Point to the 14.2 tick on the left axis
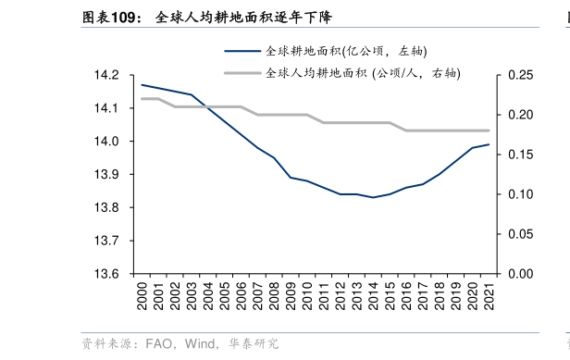coord(109,75)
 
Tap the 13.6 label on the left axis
coord(109,274)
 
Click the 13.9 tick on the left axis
coord(109,175)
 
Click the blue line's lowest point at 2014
coord(373,197)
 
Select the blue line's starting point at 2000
coord(141,84)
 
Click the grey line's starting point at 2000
coord(141,98)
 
